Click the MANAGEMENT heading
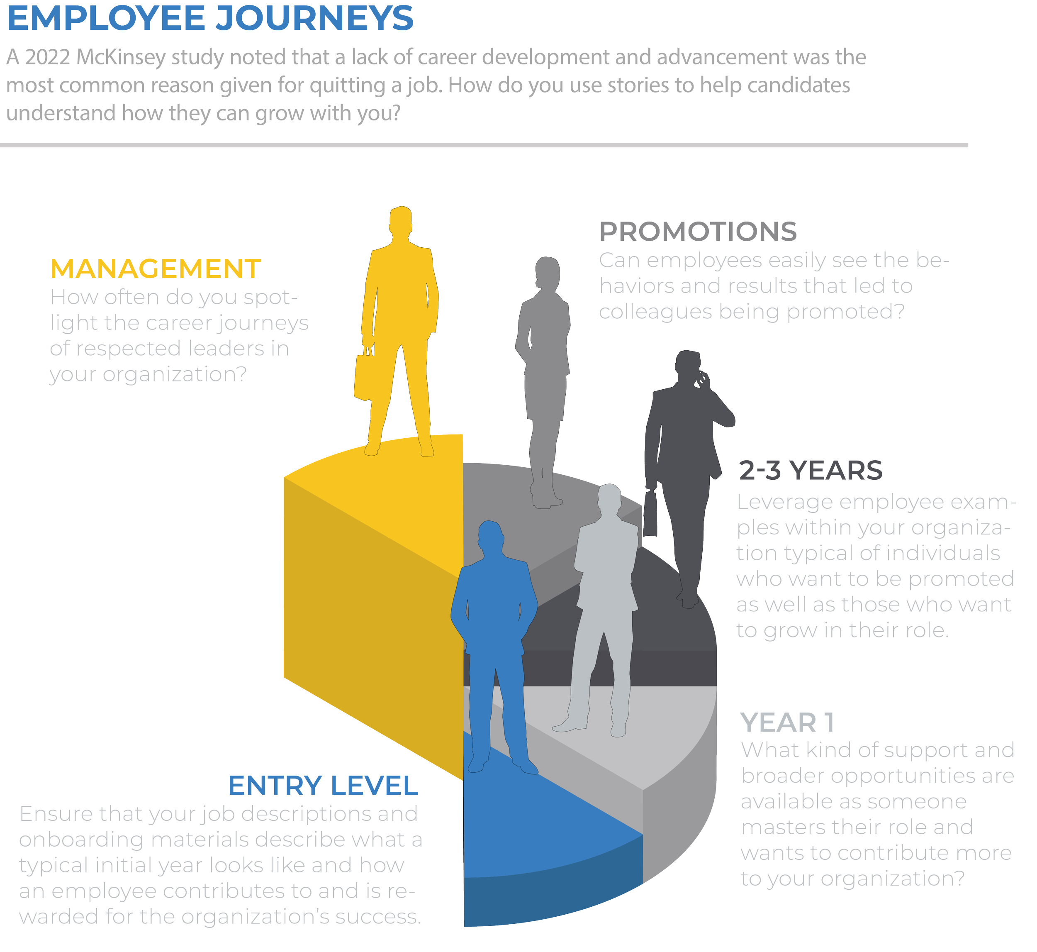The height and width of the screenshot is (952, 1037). tap(156, 269)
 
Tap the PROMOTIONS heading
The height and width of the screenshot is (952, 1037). tap(698, 232)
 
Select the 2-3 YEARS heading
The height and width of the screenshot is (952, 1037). tap(811, 470)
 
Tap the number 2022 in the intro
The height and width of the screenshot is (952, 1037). tap(47, 58)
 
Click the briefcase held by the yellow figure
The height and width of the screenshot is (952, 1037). tap(365, 377)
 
